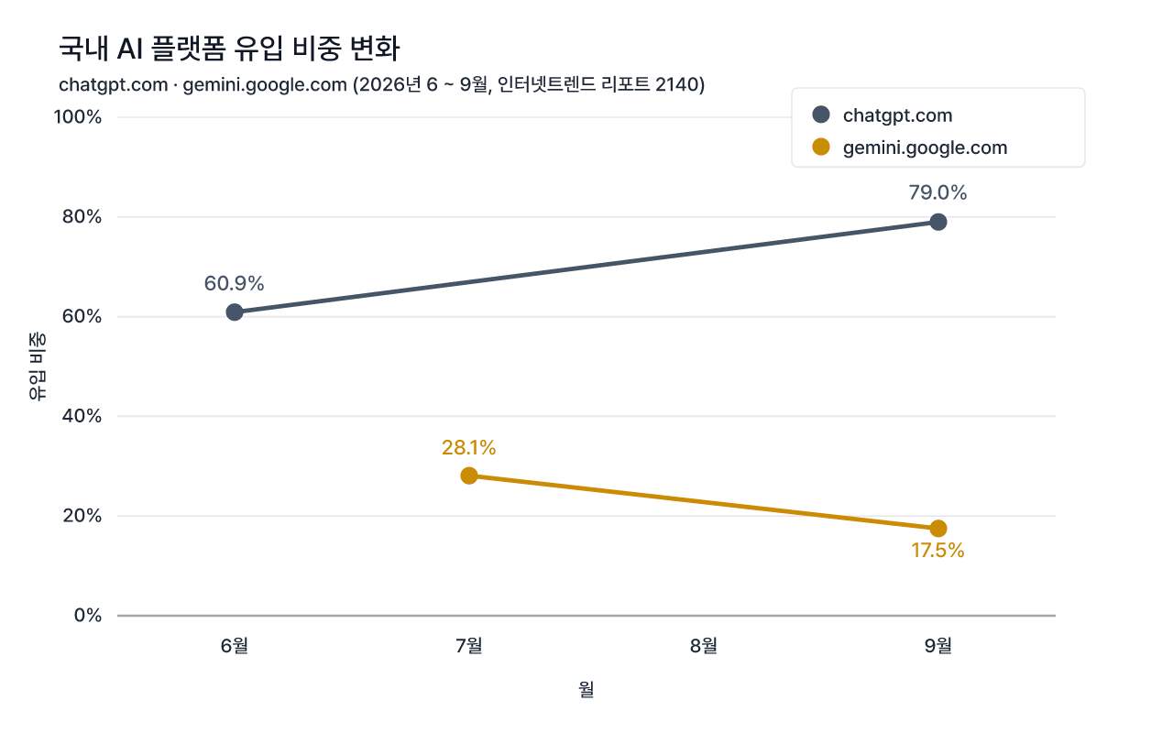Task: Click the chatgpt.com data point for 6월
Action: tap(235, 312)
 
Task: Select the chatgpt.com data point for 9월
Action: tap(938, 222)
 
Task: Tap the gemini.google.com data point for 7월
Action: tap(469, 476)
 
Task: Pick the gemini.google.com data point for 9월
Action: tap(938, 529)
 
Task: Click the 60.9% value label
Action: tap(234, 284)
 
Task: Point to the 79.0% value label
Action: tap(937, 192)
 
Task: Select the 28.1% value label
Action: tap(468, 448)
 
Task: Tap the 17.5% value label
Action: tap(937, 551)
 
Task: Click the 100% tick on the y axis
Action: tap(78, 116)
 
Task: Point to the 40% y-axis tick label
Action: tap(82, 416)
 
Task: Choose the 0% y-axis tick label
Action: tap(87, 615)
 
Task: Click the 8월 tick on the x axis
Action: tap(703, 646)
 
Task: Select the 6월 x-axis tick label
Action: tap(234, 646)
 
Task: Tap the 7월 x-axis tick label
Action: tap(468, 646)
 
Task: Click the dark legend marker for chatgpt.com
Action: tap(821, 115)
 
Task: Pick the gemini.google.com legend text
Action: tap(926, 148)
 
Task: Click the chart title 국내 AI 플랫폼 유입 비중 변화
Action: tap(229, 49)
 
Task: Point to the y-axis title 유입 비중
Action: tap(38, 366)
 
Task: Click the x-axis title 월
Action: tap(586, 690)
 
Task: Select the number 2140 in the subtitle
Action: tap(676, 85)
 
